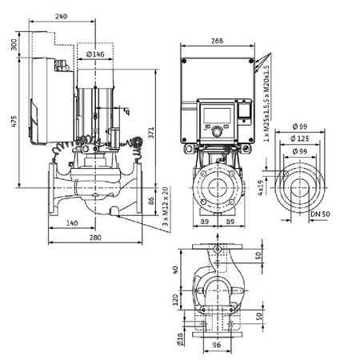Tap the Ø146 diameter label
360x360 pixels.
[x=96, y=54]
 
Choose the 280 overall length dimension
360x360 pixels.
[x=94, y=238]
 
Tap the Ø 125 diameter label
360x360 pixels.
[x=303, y=138]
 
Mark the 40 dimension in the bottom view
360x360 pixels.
[x=174, y=269]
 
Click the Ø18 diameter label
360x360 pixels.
[x=178, y=339]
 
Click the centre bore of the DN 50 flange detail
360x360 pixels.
[x=298, y=178]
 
